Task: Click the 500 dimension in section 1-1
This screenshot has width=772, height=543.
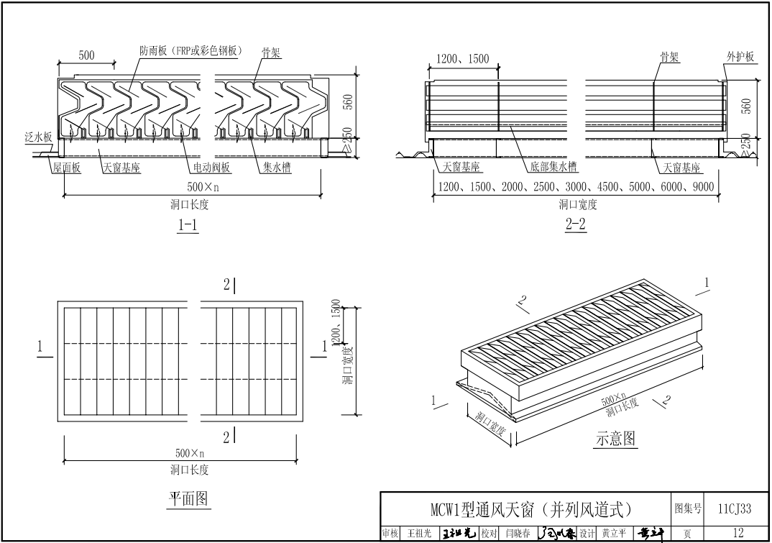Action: tap(86, 55)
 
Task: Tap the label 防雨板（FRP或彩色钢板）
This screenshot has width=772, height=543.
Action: tap(191, 50)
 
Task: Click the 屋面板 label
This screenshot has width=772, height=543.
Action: tap(65, 168)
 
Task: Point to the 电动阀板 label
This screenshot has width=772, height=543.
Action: tap(211, 168)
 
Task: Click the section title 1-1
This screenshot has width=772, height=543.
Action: tap(188, 225)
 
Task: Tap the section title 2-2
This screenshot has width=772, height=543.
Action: tap(576, 225)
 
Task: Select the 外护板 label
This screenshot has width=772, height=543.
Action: tap(740, 57)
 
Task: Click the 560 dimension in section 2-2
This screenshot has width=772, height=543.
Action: tap(745, 106)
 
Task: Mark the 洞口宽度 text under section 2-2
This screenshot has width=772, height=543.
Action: tap(578, 204)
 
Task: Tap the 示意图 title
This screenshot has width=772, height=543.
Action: tap(616, 439)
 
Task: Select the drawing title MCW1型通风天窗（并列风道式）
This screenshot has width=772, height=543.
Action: tap(525, 510)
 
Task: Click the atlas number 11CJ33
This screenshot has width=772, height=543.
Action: tap(735, 509)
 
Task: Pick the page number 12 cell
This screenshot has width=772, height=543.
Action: tap(738, 534)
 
